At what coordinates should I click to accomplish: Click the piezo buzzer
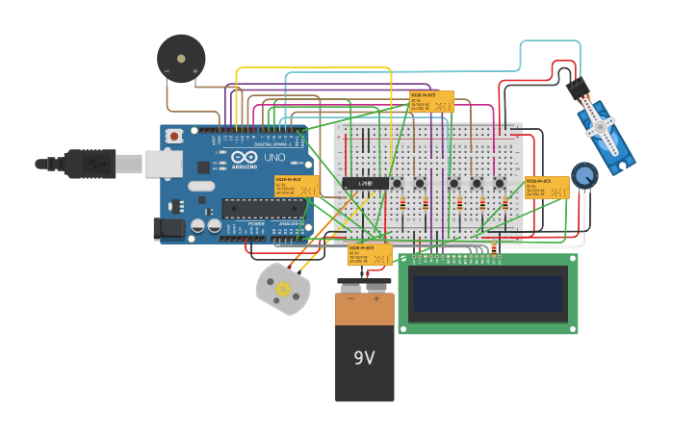point(181,59)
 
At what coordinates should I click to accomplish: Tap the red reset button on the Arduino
point(174,137)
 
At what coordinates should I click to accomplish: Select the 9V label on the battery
point(364,358)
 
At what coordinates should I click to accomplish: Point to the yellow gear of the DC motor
point(283,289)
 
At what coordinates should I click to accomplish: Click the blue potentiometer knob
point(583,175)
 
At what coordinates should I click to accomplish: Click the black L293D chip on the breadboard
point(366,182)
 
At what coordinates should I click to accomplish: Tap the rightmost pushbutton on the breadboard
point(500,183)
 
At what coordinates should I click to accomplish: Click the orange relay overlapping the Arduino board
point(297,186)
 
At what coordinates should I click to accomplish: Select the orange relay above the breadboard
point(431,101)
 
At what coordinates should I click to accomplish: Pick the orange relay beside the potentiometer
point(546,187)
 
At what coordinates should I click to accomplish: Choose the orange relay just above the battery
point(370,254)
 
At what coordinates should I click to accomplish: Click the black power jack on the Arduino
point(169,228)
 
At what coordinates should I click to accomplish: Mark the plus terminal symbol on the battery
point(376,299)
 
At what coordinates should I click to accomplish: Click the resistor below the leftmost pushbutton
point(401,202)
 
